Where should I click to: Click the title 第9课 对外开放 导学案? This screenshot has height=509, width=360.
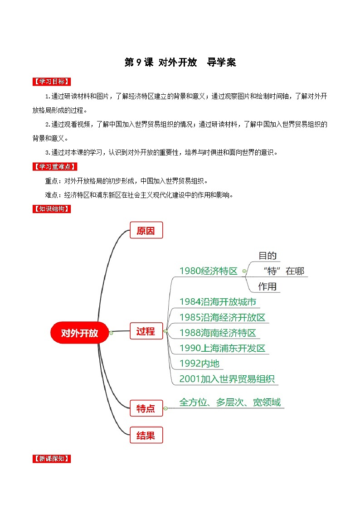point(180,63)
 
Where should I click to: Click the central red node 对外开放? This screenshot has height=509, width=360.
point(80,333)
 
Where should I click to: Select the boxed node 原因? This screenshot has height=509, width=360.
point(146,231)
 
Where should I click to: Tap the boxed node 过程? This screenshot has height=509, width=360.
point(146,331)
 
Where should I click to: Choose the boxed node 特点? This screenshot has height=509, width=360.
point(146,408)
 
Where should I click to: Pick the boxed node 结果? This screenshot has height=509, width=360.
point(146,436)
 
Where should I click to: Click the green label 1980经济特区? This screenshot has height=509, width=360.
point(208,271)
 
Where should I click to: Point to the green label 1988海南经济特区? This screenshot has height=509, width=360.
point(218,333)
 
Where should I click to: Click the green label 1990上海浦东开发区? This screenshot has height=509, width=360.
point(222,349)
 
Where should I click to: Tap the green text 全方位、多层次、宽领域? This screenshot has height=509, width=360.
point(230,402)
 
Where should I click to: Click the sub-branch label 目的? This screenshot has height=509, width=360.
point(268,256)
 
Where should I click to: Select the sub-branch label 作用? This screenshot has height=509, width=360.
point(268,286)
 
